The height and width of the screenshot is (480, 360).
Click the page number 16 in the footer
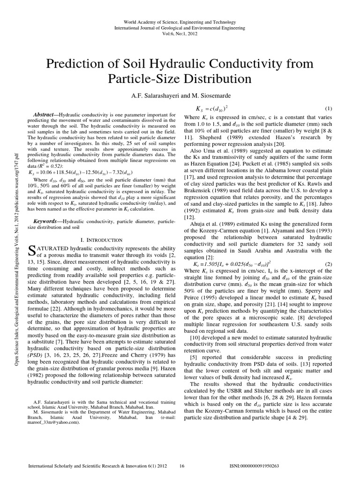pyautogui.click(x=183, y=466)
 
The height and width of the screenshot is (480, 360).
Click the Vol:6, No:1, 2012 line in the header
pyautogui.click(x=180, y=34)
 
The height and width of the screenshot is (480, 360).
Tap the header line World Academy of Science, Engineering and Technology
pyautogui.click(x=180, y=22)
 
